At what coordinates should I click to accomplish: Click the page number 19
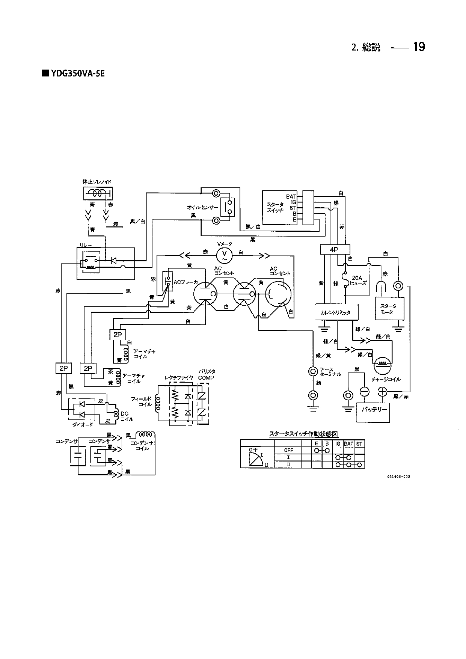[x=419, y=47]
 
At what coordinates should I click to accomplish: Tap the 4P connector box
[x=335, y=249]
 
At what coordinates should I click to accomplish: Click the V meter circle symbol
[x=225, y=255]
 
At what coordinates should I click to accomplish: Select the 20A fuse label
[x=357, y=281]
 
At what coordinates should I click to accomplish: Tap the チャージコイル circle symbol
[x=382, y=363]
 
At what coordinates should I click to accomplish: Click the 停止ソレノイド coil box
[x=97, y=194]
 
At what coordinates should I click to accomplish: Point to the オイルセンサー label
[x=202, y=207]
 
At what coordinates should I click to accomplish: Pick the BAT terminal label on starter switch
[x=291, y=197]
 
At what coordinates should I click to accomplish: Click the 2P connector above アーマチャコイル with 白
[x=118, y=334]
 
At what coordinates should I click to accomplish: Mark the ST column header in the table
[x=359, y=444]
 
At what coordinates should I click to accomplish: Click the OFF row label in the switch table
[x=288, y=450]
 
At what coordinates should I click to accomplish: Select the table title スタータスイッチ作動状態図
[x=303, y=434]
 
